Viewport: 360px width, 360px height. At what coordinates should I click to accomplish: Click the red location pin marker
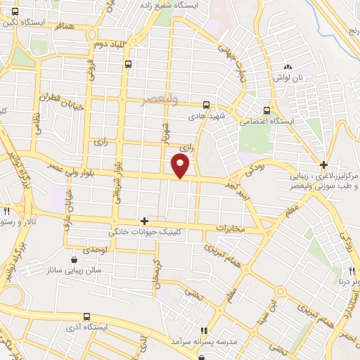point(181,165)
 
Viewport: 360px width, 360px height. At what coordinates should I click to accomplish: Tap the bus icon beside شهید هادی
point(206,103)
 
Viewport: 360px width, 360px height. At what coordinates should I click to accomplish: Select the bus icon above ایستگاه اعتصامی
point(266,110)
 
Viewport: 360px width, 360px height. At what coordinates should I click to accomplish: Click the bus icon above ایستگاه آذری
point(86,317)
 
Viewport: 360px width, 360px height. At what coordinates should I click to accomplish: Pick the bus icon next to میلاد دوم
point(127,64)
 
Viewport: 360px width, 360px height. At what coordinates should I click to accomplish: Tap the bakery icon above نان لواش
point(288,66)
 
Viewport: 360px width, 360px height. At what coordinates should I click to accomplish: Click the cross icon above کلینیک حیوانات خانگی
point(144,221)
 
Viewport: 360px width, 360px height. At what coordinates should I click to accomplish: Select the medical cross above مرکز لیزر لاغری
point(323,164)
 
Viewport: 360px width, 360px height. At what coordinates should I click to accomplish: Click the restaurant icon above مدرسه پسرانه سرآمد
point(204,330)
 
